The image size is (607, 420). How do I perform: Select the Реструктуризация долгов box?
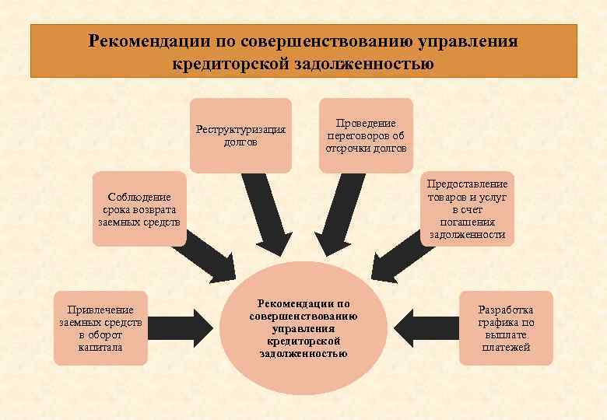(x=240, y=135)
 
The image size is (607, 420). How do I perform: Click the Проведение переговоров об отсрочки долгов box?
(x=365, y=135)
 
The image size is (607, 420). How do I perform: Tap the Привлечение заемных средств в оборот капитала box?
(x=100, y=327)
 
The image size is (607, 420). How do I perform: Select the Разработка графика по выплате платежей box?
(x=506, y=327)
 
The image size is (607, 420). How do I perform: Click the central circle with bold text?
(x=303, y=327)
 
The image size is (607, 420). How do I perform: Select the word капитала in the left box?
(x=100, y=347)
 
